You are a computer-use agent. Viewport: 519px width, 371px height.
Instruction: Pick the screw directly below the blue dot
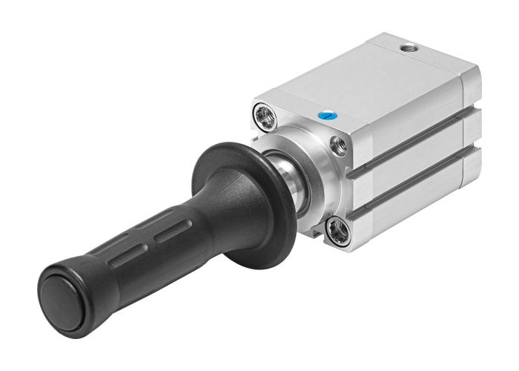pyautogui.click(x=340, y=145)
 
